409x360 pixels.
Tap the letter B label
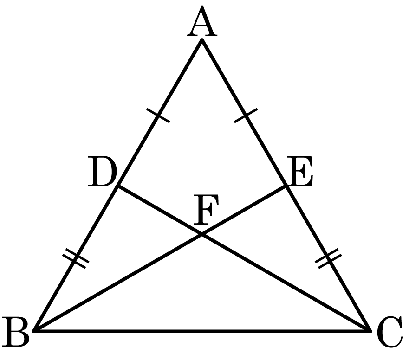pos(15,332)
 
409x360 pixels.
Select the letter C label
pos(390,332)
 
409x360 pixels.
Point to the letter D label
pos(102,171)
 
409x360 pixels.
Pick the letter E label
pos(300,171)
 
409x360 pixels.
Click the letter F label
pos(206,210)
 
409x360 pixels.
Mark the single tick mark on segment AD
pos(158,115)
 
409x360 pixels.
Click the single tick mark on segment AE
pos(246,115)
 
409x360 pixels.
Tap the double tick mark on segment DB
pos(76,258)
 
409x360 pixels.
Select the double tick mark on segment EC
pos(328,258)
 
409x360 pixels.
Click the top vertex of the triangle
pos(202,39)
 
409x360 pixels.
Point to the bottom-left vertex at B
pos(34,331)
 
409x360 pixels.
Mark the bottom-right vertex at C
pos(370,331)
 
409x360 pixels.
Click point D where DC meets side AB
pos(118,186)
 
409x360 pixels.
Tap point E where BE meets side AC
pos(286,186)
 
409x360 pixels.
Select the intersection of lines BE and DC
pos(202,234)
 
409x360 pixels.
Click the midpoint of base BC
pos(202,331)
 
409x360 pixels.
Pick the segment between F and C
pos(286,283)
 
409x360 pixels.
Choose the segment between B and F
pos(118,283)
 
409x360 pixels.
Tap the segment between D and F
pos(160,210)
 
